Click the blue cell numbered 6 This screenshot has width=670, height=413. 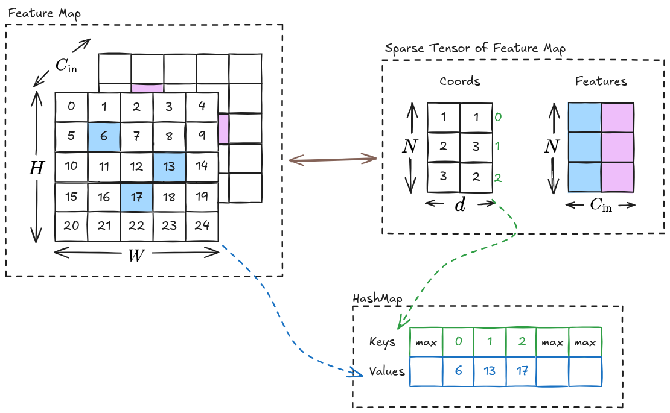tap(104, 136)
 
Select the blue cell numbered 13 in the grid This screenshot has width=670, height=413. tap(169, 166)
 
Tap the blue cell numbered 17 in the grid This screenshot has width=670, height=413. tap(136, 197)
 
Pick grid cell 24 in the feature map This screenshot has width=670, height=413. tap(202, 226)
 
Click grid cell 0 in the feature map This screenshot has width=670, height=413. tap(71, 107)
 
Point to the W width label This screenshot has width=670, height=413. tap(136, 256)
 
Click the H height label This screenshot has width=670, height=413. tap(36, 168)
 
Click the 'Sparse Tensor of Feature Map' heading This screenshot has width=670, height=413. tap(474, 48)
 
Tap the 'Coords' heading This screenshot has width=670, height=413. tap(460, 81)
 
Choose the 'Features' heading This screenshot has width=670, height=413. tap(601, 81)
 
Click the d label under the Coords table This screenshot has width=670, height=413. tap(460, 205)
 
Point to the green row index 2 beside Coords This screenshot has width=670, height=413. tap(499, 178)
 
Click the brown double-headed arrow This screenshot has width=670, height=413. tap(333, 160)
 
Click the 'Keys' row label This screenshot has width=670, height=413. tap(382, 342)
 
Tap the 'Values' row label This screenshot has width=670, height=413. tap(387, 371)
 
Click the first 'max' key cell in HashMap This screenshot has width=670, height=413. tap(426, 342)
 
